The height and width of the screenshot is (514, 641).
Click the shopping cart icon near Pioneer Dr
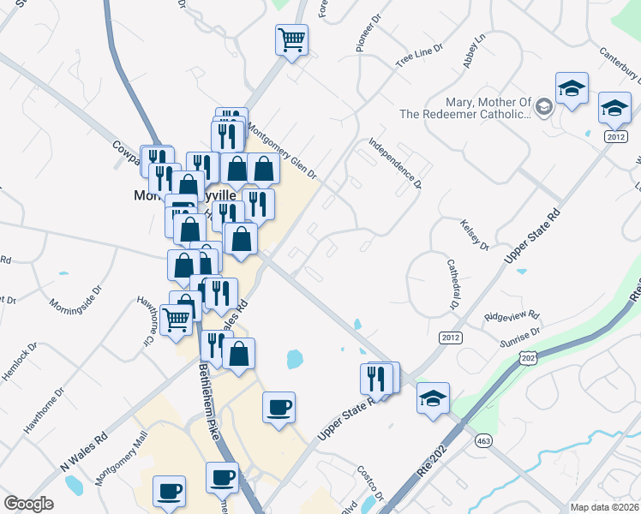click(x=291, y=39)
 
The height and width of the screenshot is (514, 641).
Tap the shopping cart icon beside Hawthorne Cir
click(x=176, y=319)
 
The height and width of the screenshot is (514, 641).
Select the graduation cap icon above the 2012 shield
click(x=614, y=107)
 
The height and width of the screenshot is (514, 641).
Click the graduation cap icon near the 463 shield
click(x=434, y=397)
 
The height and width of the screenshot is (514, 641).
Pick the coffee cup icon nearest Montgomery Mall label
click(x=169, y=491)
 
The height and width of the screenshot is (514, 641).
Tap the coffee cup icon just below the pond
click(x=278, y=407)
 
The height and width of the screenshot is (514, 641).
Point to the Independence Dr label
click(x=395, y=162)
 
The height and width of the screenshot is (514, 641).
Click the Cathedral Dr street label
click(x=450, y=285)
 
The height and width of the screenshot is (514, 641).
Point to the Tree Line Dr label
click(x=418, y=57)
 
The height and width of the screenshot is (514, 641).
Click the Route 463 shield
click(x=482, y=441)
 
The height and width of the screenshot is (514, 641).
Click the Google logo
click(x=28, y=504)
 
